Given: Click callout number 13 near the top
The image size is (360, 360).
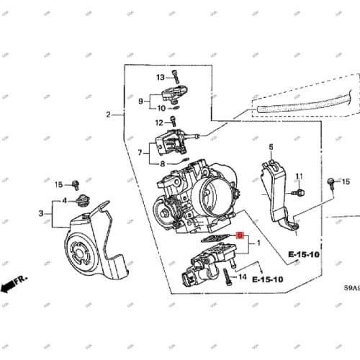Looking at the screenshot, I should click(161, 76).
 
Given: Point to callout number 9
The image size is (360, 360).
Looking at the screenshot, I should click(141, 102).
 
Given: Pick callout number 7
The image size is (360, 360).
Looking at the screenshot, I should click(141, 152).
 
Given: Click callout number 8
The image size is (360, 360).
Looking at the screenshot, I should click(163, 164).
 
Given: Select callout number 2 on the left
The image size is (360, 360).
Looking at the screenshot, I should click(109, 114).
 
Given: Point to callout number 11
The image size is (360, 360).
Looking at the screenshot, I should click(299, 176).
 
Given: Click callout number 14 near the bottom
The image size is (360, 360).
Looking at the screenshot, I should click(243, 276).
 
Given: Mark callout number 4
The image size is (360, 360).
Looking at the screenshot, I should click(64, 200).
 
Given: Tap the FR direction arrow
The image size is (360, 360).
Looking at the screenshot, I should click(11, 287).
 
